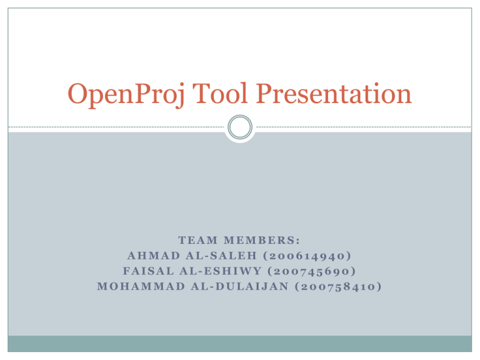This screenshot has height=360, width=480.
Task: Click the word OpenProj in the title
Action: (126, 94)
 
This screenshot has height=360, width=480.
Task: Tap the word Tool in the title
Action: (220, 93)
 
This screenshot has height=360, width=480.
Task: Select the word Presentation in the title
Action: (334, 94)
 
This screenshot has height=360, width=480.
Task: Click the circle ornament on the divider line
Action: (240, 127)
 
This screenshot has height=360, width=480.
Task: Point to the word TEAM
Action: (197, 240)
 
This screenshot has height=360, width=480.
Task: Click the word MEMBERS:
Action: (262, 240)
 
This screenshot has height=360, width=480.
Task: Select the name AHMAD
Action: (154, 256)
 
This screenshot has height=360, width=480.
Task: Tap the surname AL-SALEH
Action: (221, 256)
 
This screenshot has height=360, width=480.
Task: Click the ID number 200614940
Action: (307, 256)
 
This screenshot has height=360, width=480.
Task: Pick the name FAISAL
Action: (149, 271)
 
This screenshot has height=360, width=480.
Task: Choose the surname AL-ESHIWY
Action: (221, 271)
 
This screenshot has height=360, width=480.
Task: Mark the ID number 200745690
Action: (312, 271)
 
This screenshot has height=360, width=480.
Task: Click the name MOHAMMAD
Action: (141, 286)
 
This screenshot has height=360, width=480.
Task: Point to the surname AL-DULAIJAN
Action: (240, 286)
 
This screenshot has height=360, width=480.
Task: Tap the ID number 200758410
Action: (338, 286)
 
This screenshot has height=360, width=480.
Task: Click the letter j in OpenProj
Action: (181, 96)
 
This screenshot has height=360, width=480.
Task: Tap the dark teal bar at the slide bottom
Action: (240, 344)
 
